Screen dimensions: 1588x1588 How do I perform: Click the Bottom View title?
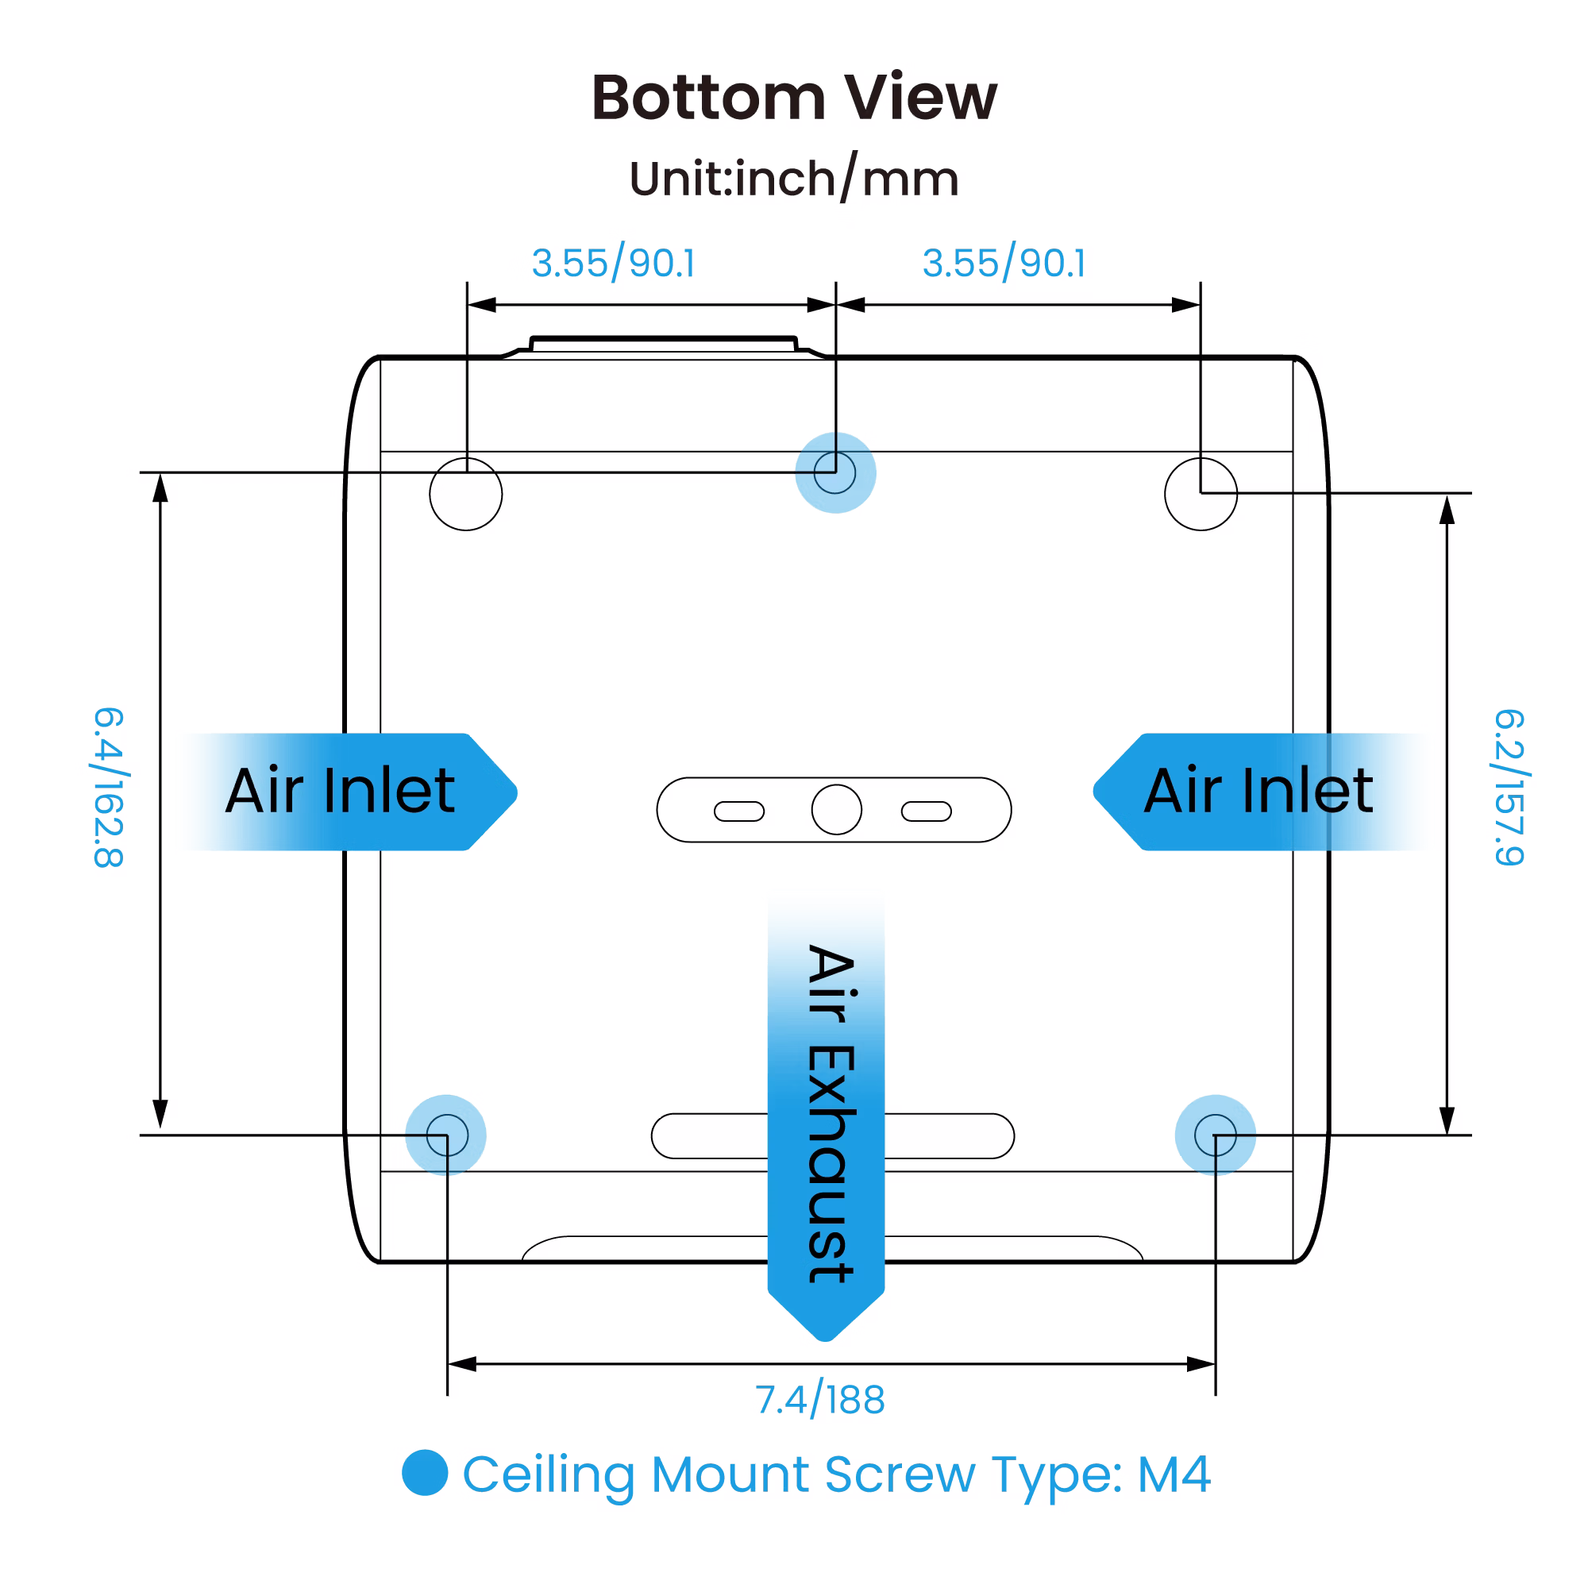click(x=793, y=98)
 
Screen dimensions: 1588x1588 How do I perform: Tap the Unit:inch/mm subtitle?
click(x=793, y=179)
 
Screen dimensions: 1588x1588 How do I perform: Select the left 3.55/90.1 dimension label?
click(x=613, y=263)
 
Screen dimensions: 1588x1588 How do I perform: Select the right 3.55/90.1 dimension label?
click(x=1004, y=263)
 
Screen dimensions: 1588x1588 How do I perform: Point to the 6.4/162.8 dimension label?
click(x=108, y=787)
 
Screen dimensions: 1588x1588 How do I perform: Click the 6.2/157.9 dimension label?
click(x=1509, y=787)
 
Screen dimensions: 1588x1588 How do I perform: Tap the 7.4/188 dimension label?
click(x=820, y=1400)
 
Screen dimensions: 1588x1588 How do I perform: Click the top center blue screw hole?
click(x=835, y=472)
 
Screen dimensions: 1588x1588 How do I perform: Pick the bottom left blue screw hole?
click(x=446, y=1135)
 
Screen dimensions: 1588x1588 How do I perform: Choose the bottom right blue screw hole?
click(x=1215, y=1135)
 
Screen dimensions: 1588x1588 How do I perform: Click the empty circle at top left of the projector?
click(x=466, y=494)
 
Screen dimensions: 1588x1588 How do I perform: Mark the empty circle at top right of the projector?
click(x=1200, y=494)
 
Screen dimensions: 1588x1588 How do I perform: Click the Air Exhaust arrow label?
click(x=827, y=1110)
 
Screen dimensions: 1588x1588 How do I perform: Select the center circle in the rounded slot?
click(x=836, y=810)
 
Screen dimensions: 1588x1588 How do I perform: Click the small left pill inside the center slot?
click(x=739, y=811)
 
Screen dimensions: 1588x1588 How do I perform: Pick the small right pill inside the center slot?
click(x=927, y=811)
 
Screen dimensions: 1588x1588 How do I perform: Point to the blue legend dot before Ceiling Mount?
click(x=425, y=1472)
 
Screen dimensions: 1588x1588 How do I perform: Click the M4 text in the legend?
click(x=1173, y=1474)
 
